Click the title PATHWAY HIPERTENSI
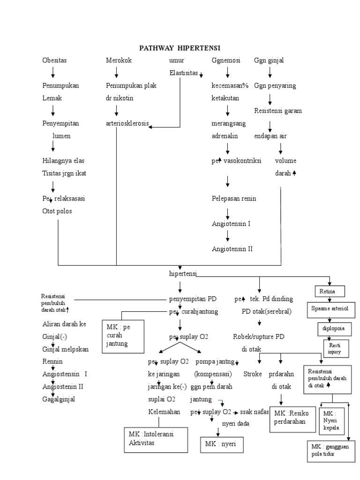(x=180, y=48)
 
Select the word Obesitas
(x=54, y=61)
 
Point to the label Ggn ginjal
(x=269, y=61)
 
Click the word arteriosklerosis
(x=127, y=124)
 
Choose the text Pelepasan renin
(x=234, y=199)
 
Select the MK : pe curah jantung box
(x=123, y=335)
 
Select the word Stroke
(x=252, y=374)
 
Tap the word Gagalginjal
(x=59, y=399)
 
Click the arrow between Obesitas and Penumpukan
(x=53, y=73)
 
